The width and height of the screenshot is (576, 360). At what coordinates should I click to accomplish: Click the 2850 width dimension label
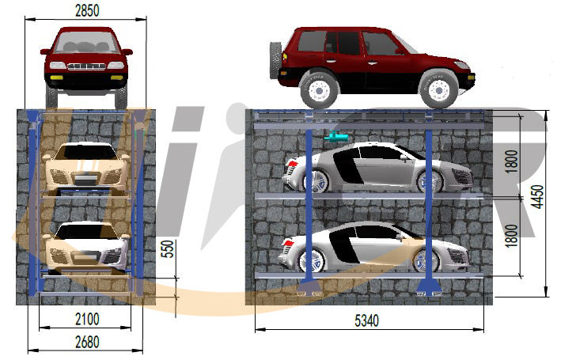pyautogui.click(x=87, y=10)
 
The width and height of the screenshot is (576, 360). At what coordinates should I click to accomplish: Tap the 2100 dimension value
pyautogui.click(x=87, y=319)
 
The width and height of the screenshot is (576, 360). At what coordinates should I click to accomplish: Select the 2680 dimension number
pyautogui.click(x=87, y=342)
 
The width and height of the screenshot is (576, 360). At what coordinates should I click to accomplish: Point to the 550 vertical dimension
pyautogui.click(x=167, y=248)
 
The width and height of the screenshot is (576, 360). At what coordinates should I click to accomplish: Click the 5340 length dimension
pyautogui.click(x=366, y=320)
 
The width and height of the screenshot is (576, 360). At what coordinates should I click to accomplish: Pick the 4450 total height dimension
pyautogui.click(x=537, y=197)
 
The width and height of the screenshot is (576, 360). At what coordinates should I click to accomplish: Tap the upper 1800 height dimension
pyautogui.click(x=511, y=161)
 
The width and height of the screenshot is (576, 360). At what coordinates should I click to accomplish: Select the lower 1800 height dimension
pyautogui.click(x=511, y=236)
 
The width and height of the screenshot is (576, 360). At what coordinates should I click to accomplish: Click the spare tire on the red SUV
pyautogui.click(x=275, y=60)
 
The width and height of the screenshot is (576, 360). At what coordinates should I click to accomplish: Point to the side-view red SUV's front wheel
pyautogui.click(x=438, y=90)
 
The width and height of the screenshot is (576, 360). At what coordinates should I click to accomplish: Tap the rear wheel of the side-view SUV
pyautogui.click(x=319, y=90)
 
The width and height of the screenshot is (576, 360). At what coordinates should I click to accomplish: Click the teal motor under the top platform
pyautogui.click(x=335, y=137)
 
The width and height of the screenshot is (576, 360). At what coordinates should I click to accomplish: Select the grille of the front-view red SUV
pyautogui.click(x=87, y=66)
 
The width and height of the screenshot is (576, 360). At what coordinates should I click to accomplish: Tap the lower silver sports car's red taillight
pyautogui.click(x=288, y=243)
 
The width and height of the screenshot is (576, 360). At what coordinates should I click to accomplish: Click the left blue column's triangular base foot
pyautogui.click(x=309, y=287)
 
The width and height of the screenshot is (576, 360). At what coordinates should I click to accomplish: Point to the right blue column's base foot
pyautogui.click(x=429, y=287)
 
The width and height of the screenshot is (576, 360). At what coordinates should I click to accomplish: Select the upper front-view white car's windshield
pyautogui.click(x=87, y=152)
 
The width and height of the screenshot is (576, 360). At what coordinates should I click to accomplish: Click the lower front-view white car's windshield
pyautogui.click(x=87, y=231)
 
